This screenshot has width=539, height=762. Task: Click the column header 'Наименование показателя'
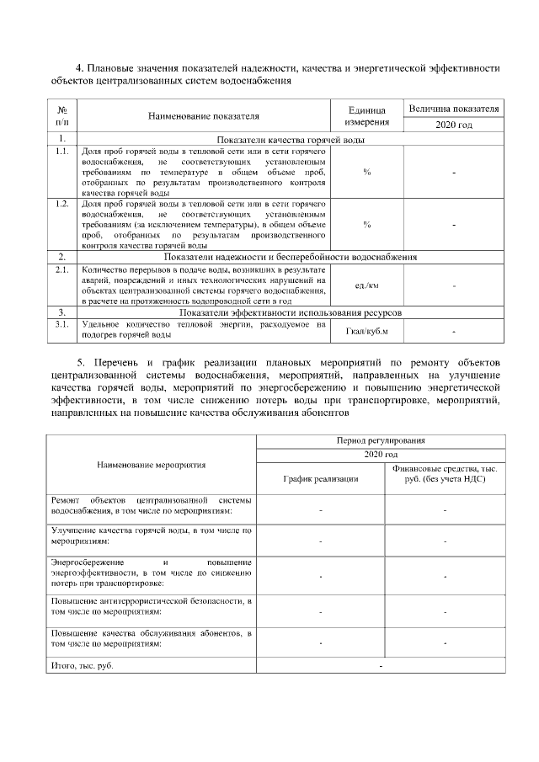[203, 116]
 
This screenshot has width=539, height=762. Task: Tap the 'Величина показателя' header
[454, 109]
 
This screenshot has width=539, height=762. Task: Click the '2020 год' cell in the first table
[454, 125]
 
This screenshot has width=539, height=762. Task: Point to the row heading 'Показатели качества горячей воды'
[291, 138]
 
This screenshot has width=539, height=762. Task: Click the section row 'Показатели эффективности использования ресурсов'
[291, 312]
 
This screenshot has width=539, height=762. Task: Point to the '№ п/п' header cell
[61, 116]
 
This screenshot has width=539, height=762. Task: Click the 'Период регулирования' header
[380, 440]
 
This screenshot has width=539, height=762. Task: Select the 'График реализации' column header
[320, 478]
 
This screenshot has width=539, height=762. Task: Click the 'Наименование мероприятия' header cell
[151, 464]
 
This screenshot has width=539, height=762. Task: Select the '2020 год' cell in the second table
[380, 455]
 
